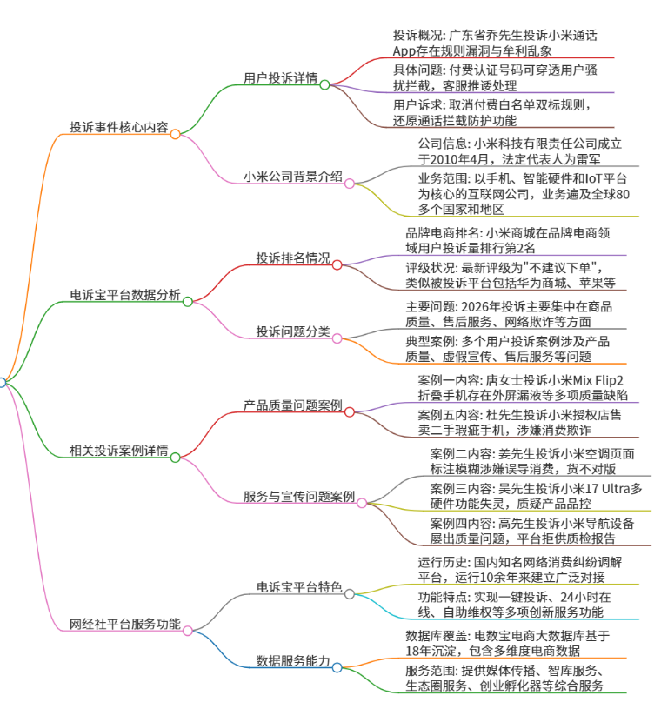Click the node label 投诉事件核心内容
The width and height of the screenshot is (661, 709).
click(x=119, y=127)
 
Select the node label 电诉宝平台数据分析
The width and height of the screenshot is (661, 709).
click(x=125, y=295)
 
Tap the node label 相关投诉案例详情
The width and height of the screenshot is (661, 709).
click(x=119, y=451)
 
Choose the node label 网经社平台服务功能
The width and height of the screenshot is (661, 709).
click(x=125, y=624)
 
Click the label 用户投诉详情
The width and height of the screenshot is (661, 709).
click(x=281, y=77)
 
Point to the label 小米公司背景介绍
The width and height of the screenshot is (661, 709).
click(x=293, y=177)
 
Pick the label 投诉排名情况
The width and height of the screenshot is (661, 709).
click(x=293, y=258)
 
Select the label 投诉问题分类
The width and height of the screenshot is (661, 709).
click(x=293, y=331)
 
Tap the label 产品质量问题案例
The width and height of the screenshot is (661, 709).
click(x=293, y=405)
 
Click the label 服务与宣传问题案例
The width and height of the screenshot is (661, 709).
click(x=299, y=497)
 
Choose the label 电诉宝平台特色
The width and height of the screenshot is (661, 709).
click(x=299, y=587)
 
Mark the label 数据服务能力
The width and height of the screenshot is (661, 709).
click(x=293, y=660)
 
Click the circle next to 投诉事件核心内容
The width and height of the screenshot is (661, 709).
click(x=176, y=134)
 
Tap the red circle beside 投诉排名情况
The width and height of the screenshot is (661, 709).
click(x=337, y=265)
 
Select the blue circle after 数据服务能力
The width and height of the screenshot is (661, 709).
click(x=337, y=668)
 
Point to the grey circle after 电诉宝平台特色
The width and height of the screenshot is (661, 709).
click(x=350, y=594)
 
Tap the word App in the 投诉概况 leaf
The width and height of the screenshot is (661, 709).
click(x=404, y=51)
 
